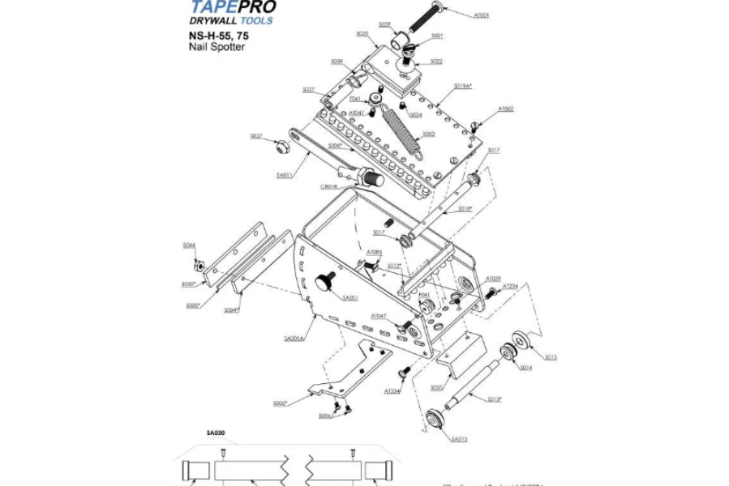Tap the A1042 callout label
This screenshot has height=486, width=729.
coord(506,108)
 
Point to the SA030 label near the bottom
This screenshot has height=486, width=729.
coord(192,433)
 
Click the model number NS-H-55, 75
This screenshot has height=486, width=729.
coord(215,36)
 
